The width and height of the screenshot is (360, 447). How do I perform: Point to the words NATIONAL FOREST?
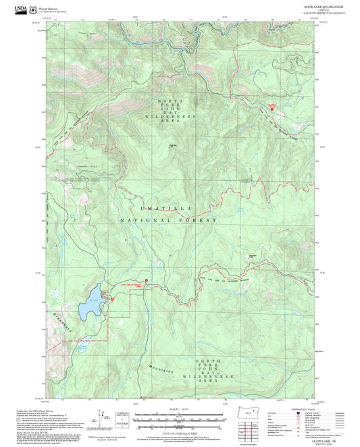(x=168, y=220)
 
